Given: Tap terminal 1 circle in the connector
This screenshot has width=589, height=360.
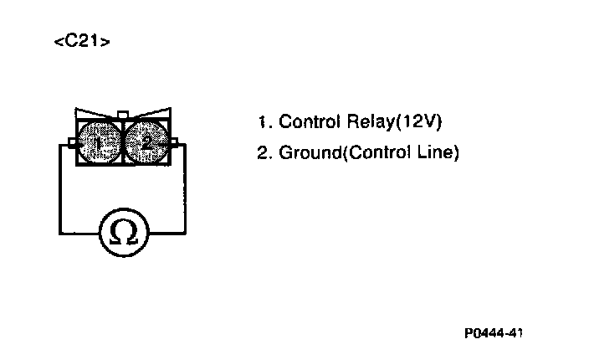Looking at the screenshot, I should [100, 142].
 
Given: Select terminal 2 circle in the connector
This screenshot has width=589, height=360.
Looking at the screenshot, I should [147, 142].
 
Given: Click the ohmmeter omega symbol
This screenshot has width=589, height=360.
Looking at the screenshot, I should [124, 232].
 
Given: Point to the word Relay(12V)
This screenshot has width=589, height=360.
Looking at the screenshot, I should [393, 121].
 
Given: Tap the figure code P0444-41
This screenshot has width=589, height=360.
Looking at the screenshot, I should [494, 332].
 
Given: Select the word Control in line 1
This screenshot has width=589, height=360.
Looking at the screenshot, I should [307, 121].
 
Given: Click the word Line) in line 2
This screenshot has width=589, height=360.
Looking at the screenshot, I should [443, 153].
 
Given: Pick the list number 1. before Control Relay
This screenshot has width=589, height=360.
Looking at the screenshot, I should [265, 121].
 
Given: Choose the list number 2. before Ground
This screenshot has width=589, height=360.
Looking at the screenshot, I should [265, 153].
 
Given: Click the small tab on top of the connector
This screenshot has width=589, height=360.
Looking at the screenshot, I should [124, 114].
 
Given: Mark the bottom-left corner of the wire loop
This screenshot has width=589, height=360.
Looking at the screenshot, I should [59, 232].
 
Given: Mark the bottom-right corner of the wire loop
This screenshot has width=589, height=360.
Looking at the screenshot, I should [187, 232].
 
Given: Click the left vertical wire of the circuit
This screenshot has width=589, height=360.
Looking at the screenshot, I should [59, 188].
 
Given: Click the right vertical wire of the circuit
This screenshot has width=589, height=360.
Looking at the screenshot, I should [187, 188].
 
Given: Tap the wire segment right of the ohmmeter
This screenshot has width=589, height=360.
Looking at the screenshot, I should [167, 232].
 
